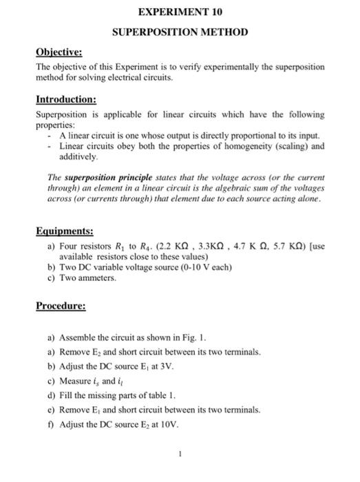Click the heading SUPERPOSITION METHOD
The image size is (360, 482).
pyautogui.click(x=180, y=32)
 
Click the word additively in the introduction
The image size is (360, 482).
pyautogui.click(x=80, y=157)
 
